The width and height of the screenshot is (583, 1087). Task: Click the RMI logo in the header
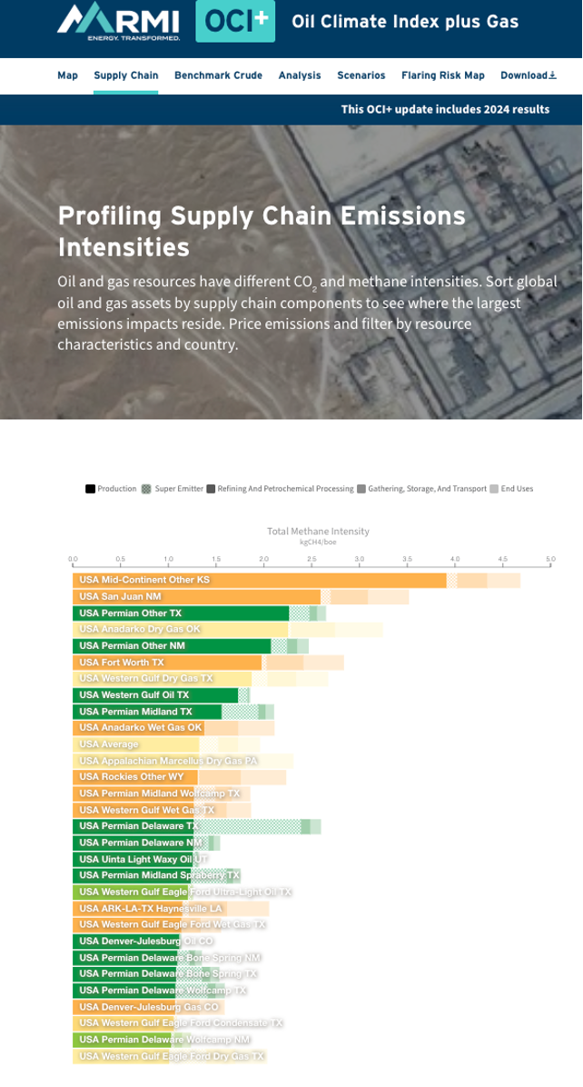click(x=118, y=21)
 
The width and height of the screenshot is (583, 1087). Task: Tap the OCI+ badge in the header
click(x=234, y=21)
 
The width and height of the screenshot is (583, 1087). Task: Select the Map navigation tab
click(x=67, y=75)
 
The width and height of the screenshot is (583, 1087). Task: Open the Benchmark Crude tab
click(x=218, y=75)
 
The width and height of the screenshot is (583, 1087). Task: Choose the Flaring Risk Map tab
click(x=443, y=75)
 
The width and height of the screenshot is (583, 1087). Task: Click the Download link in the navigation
click(x=528, y=75)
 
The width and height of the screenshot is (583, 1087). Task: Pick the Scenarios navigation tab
click(x=361, y=75)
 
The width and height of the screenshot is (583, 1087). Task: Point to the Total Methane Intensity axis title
click(x=318, y=531)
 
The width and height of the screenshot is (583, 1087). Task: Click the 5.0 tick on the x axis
click(x=550, y=559)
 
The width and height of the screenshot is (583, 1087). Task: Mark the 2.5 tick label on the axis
click(x=311, y=559)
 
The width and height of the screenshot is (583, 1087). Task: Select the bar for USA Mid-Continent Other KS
click(x=259, y=580)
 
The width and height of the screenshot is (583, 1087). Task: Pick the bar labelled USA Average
click(x=136, y=744)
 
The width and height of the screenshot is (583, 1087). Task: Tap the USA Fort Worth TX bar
click(x=167, y=663)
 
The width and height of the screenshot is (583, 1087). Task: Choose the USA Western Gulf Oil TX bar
click(x=155, y=695)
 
